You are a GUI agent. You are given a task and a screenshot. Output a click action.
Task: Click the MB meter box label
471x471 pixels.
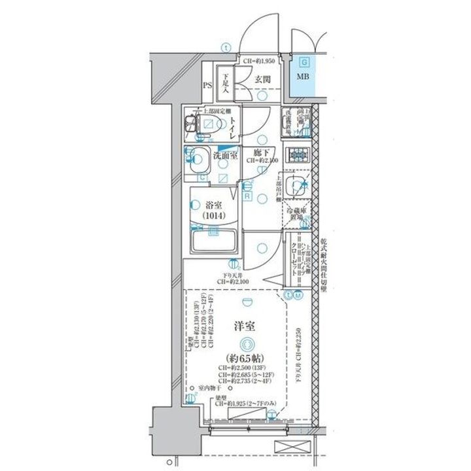tap(304, 77)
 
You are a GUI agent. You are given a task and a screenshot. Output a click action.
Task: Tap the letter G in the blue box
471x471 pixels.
tap(304, 63)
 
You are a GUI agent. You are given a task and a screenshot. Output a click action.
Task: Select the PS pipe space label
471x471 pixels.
tap(207, 86)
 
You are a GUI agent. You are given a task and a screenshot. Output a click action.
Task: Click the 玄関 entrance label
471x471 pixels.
tap(263, 80)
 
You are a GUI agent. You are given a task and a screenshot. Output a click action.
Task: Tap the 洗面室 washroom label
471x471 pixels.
tap(221, 156)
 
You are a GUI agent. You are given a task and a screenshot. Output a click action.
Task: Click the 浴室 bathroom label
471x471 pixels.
tap(213, 204)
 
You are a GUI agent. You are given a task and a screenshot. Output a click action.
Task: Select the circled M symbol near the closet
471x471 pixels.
tap(298, 295)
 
